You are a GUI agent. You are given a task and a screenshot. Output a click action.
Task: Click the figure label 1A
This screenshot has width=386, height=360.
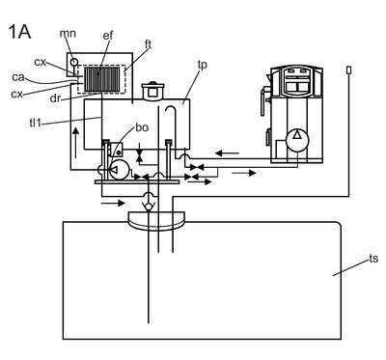pos(19,32)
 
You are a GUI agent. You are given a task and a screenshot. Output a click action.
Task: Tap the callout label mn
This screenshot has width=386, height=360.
pos(68,33)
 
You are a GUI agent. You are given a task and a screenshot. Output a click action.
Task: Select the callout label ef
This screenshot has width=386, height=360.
pos(108,36)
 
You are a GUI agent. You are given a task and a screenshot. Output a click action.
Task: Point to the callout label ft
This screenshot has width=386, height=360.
pos(148,44)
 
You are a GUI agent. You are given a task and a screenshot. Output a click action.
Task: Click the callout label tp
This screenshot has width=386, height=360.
pos(203,65)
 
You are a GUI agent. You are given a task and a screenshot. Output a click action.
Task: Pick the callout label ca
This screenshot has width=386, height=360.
pos(18,77)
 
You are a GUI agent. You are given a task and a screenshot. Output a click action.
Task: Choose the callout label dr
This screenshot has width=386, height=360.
pos(55,98)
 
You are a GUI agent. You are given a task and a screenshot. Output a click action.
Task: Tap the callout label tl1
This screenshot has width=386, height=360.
pos(36,123)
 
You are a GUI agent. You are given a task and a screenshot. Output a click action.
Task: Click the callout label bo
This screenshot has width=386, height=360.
pos(142,127)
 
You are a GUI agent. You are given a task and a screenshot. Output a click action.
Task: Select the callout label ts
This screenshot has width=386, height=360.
pos(373,259)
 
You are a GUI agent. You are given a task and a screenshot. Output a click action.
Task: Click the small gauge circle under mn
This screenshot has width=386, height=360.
pos(74,61)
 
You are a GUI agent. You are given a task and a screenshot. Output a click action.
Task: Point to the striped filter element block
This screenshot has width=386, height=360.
pos(101,79)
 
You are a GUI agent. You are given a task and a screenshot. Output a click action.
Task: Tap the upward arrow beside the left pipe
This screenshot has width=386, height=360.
pos(75,143)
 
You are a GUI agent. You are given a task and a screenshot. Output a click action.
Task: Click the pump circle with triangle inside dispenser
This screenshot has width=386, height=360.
pos(297,139)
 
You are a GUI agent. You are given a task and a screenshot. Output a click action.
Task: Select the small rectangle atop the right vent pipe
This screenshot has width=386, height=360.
pos(348,69)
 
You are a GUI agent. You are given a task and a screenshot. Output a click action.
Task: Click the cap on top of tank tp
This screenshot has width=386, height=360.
pos(152,90)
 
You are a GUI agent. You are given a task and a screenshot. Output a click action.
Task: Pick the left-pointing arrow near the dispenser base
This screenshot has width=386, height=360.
pos(227,153)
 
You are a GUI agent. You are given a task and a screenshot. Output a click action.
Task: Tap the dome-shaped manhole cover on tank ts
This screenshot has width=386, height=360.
pos(156,221)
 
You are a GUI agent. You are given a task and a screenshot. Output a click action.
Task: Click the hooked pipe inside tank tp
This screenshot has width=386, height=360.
pos(171,125)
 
